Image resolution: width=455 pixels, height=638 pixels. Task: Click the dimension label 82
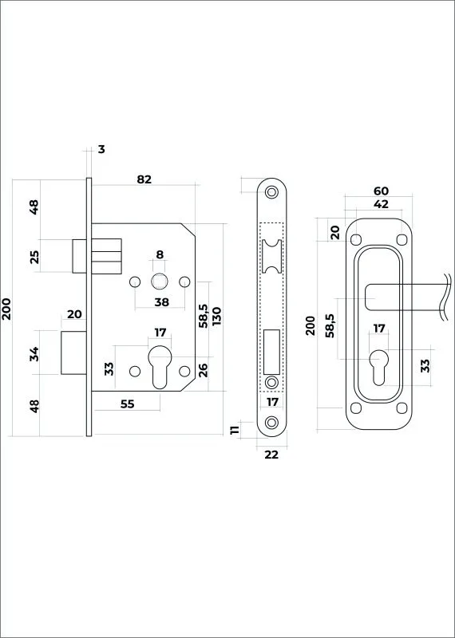tap(144, 179)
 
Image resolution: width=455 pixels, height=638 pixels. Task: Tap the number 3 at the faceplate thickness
tap(101, 149)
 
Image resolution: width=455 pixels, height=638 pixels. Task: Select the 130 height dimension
tap(216, 317)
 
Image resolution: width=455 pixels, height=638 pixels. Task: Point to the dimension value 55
tap(128, 404)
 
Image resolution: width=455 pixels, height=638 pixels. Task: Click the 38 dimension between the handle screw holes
tap(162, 302)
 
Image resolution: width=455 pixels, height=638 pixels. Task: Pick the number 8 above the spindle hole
tap(160, 254)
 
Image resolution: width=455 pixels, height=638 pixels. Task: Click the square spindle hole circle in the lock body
tap(160, 282)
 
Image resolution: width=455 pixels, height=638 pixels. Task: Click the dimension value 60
tap(381, 191)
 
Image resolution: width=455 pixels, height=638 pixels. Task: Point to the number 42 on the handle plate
tap(381, 204)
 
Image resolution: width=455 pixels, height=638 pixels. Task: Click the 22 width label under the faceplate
tap(271, 455)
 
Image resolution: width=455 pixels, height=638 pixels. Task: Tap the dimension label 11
tap(235, 430)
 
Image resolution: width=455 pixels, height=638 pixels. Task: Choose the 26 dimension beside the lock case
tap(203, 369)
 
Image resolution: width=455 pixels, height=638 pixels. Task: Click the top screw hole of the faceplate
tap(271, 191)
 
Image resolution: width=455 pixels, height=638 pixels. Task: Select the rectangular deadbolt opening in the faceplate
tap(271, 352)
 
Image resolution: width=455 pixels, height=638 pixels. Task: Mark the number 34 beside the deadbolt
tap(34, 353)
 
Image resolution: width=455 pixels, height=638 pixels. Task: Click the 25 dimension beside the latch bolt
tap(34, 257)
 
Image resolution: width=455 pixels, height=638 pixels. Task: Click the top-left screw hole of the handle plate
tap(356, 240)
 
